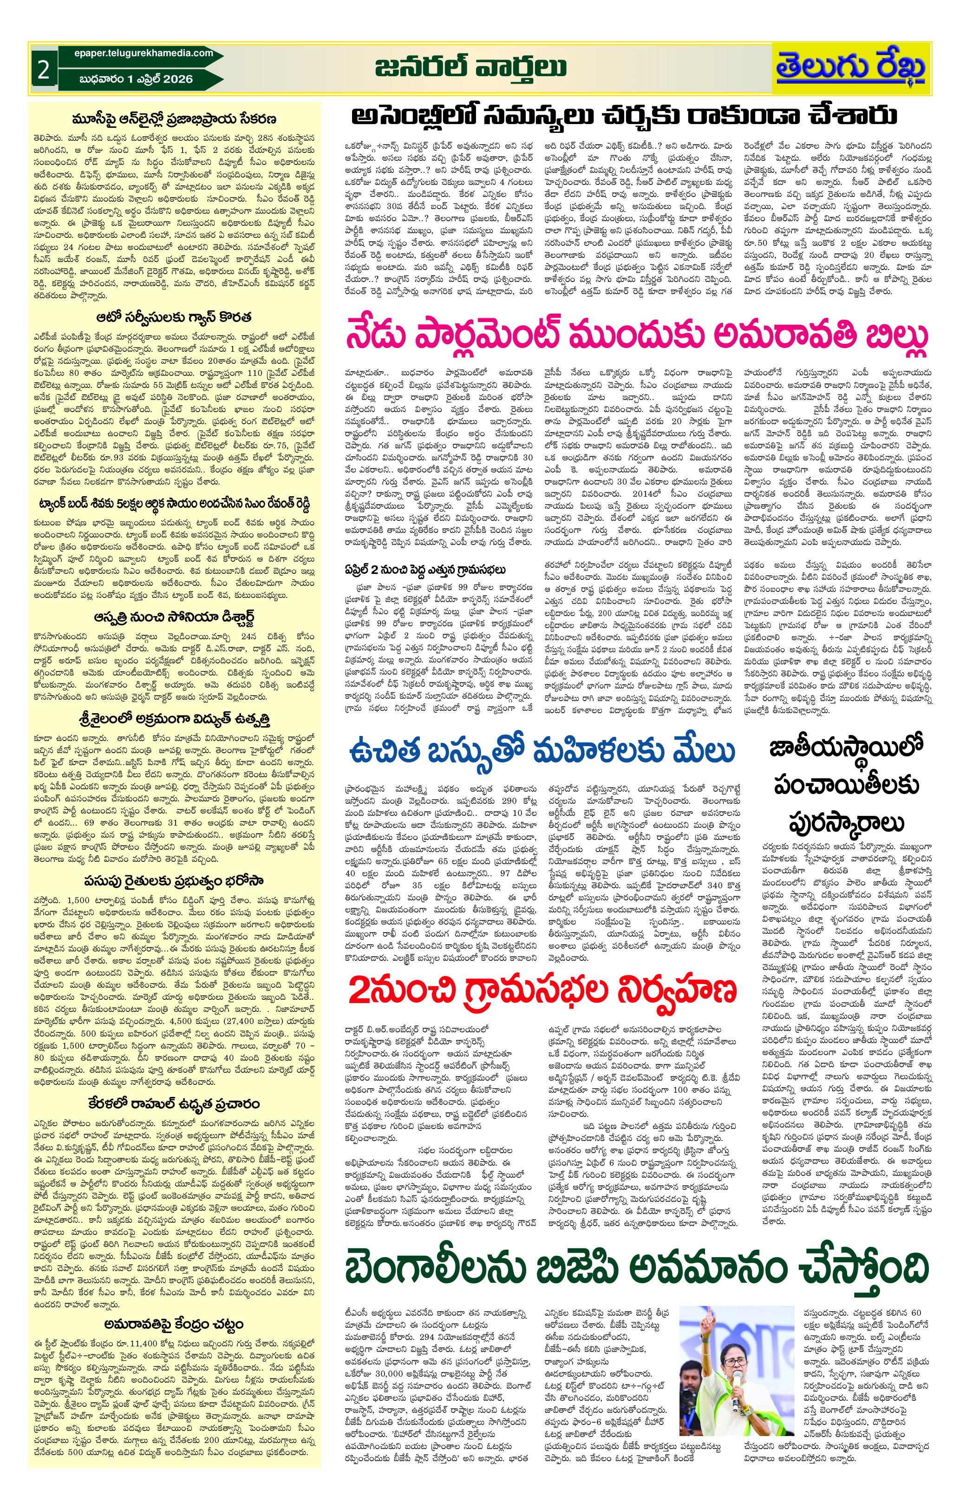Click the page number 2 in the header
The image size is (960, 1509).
(x=43, y=70)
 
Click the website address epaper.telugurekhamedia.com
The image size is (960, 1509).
(x=136, y=53)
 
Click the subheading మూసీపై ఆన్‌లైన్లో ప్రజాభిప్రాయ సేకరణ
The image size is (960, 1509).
(x=175, y=119)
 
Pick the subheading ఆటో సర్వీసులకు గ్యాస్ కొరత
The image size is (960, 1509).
(x=175, y=316)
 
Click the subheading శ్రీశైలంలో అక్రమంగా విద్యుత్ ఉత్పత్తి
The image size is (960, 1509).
(x=175, y=717)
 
